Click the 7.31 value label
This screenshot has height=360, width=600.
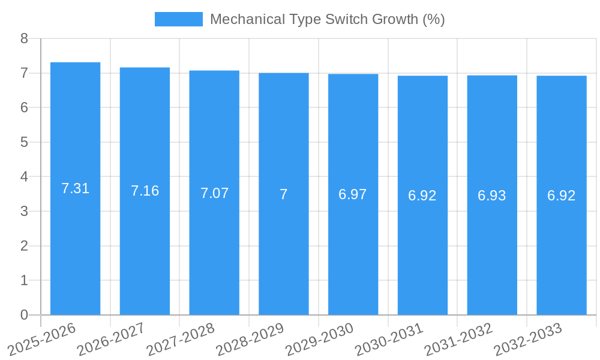[x=75, y=188]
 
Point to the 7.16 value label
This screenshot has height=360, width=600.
[x=145, y=191]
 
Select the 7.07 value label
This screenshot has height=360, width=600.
[x=214, y=193]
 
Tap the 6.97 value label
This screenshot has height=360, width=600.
[x=353, y=194]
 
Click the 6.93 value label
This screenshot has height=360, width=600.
[x=492, y=196]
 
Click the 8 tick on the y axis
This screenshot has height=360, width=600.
[x=24, y=38]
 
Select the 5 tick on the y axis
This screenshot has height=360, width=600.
[x=24, y=142]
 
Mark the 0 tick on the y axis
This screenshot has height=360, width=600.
[x=24, y=315]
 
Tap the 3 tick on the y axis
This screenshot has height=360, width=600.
[x=24, y=211]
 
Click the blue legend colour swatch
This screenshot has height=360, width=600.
[x=178, y=19]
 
